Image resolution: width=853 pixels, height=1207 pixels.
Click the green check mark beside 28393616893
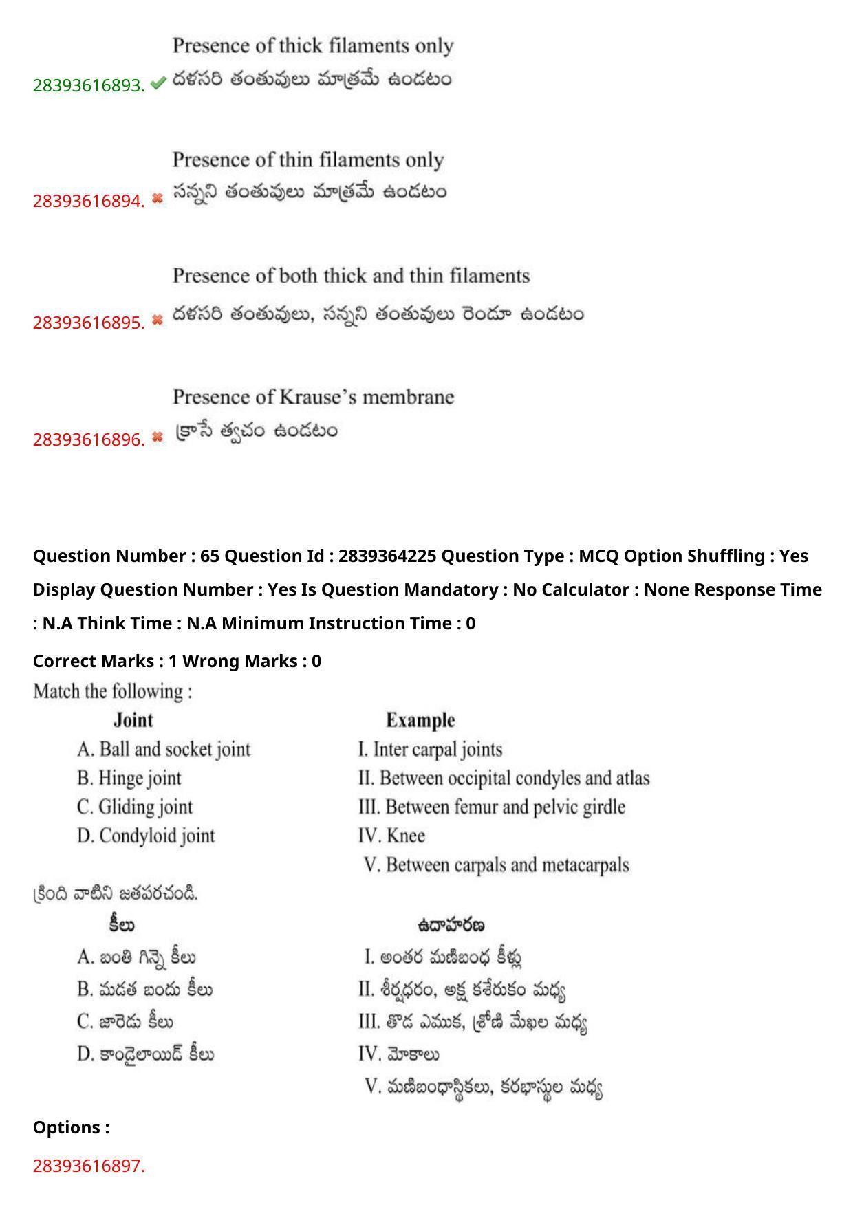click(x=158, y=84)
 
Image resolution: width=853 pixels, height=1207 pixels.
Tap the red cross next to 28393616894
click(x=158, y=199)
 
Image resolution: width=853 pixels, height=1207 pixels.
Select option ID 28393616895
click(x=89, y=322)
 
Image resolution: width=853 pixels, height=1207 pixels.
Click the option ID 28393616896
click(x=89, y=439)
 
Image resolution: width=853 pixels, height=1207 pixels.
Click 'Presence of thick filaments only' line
click(x=313, y=46)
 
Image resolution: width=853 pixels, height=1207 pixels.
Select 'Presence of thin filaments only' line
click(x=308, y=160)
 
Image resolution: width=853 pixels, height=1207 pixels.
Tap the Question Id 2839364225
click(x=387, y=556)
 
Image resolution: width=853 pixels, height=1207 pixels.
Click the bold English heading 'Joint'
click(x=133, y=720)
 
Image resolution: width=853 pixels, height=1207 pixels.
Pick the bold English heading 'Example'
click(x=420, y=720)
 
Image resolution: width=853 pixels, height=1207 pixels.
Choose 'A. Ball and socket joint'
click(x=164, y=749)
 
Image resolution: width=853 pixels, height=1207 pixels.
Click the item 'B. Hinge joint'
click(x=129, y=778)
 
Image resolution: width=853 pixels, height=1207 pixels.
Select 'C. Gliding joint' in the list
click(x=135, y=807)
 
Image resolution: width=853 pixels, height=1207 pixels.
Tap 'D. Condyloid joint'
click(x=146, y=836)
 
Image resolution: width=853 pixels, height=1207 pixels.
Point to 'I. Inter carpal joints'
click(x=430, y=749)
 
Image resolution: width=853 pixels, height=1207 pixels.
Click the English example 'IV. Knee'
click(x=391, y=836)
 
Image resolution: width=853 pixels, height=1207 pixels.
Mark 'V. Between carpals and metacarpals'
click(x=496, y=865)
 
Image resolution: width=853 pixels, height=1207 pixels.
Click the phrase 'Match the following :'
click(x=113, y=691)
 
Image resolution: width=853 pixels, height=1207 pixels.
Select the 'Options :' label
click(x=72, y=1127)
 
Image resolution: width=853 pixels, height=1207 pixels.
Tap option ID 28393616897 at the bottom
click(x=89, y=1166)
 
